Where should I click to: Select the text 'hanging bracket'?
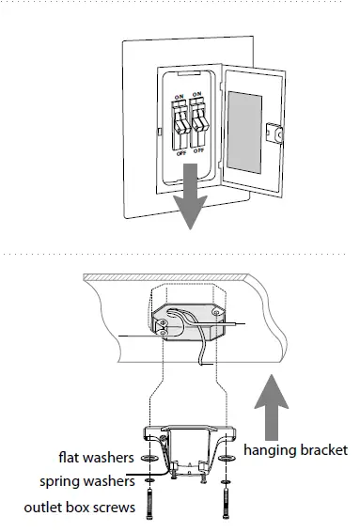point(295,450)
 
